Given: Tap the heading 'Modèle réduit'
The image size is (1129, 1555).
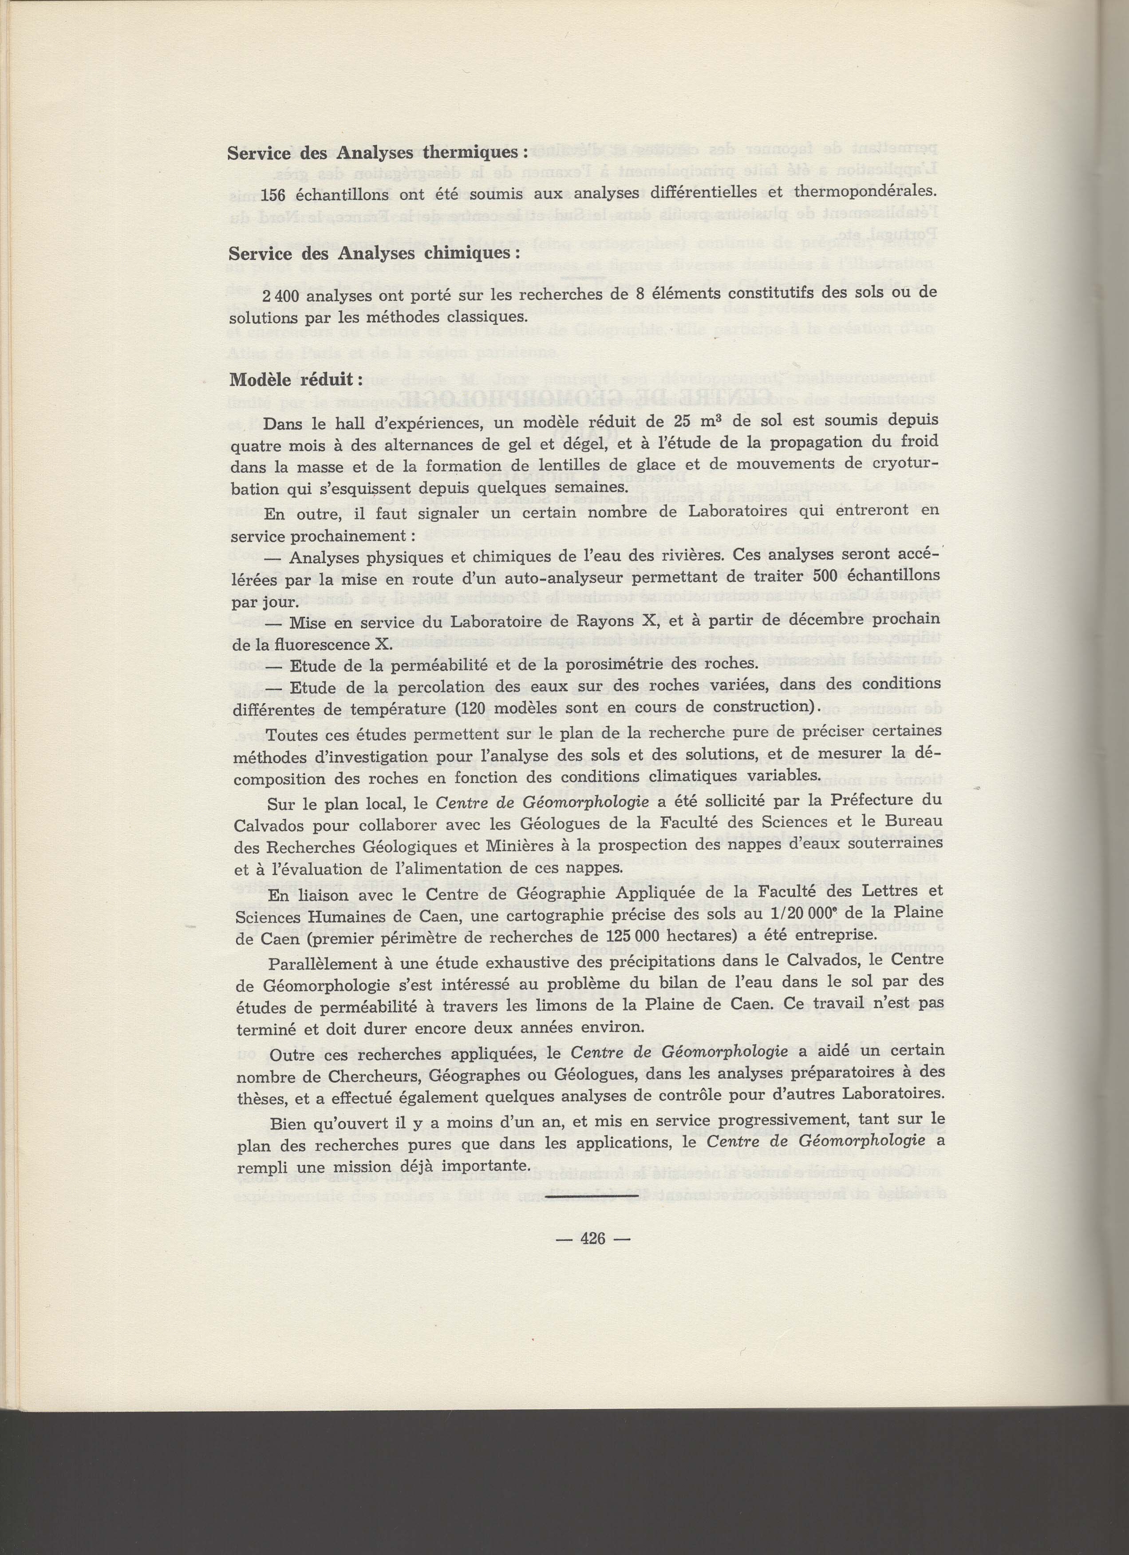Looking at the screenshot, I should coord(291,379).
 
